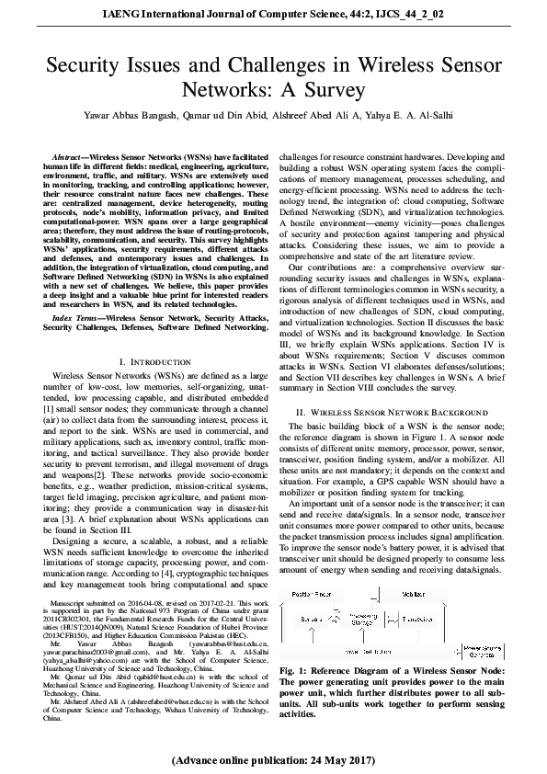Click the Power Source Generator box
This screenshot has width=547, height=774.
click(485, 651)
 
